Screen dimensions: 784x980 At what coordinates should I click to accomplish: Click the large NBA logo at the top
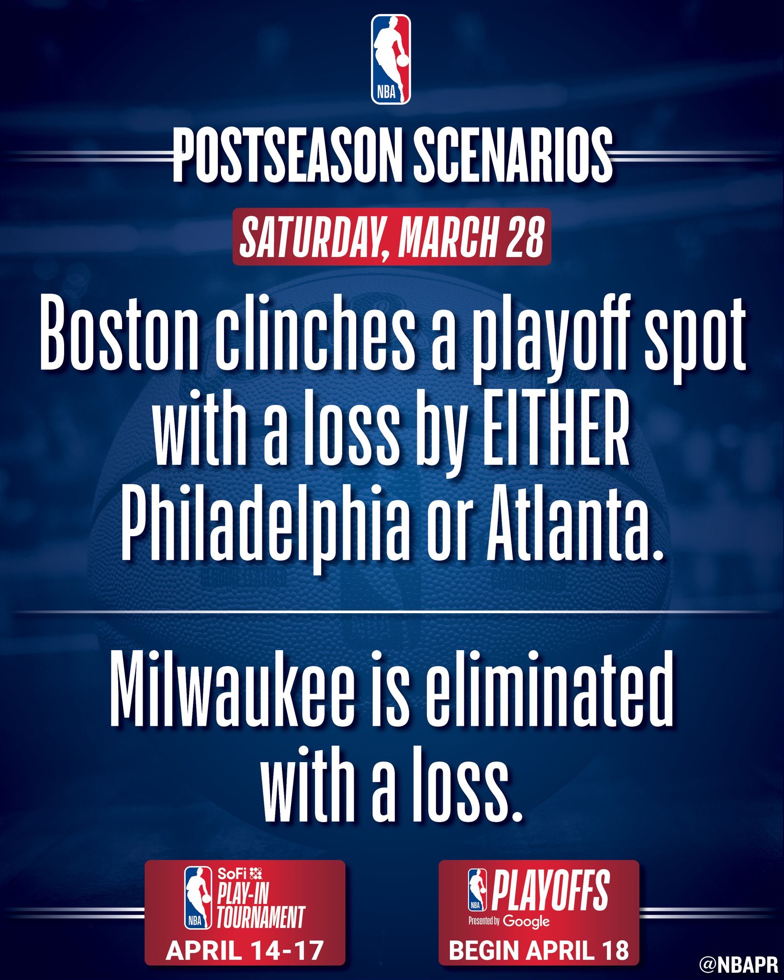tap(391, 59)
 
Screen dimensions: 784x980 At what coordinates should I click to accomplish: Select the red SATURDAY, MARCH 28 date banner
tap(392, 237)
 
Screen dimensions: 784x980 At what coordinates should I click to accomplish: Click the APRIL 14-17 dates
tap(245, 950)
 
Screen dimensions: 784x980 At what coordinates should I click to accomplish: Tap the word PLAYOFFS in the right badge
tap(550, 890)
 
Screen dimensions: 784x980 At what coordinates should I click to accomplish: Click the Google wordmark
tap(526, 921)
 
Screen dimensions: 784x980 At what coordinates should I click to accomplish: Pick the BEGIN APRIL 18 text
tap(538, 950)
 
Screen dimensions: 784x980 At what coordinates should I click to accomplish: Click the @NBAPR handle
tap(739, 965)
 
